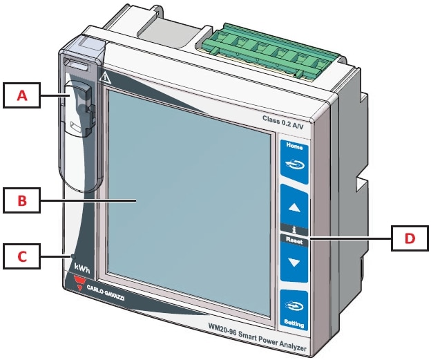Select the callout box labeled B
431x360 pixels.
[x=22, y=202]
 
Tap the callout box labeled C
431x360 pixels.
[x=22, y=256]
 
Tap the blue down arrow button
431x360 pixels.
[x=294, y=263]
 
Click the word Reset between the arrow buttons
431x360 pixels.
[x=295, y=241]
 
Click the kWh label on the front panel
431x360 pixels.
[x=81, y=267]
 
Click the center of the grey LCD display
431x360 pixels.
[x=186, y=207]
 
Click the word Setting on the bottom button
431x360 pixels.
[x=294, y=323]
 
